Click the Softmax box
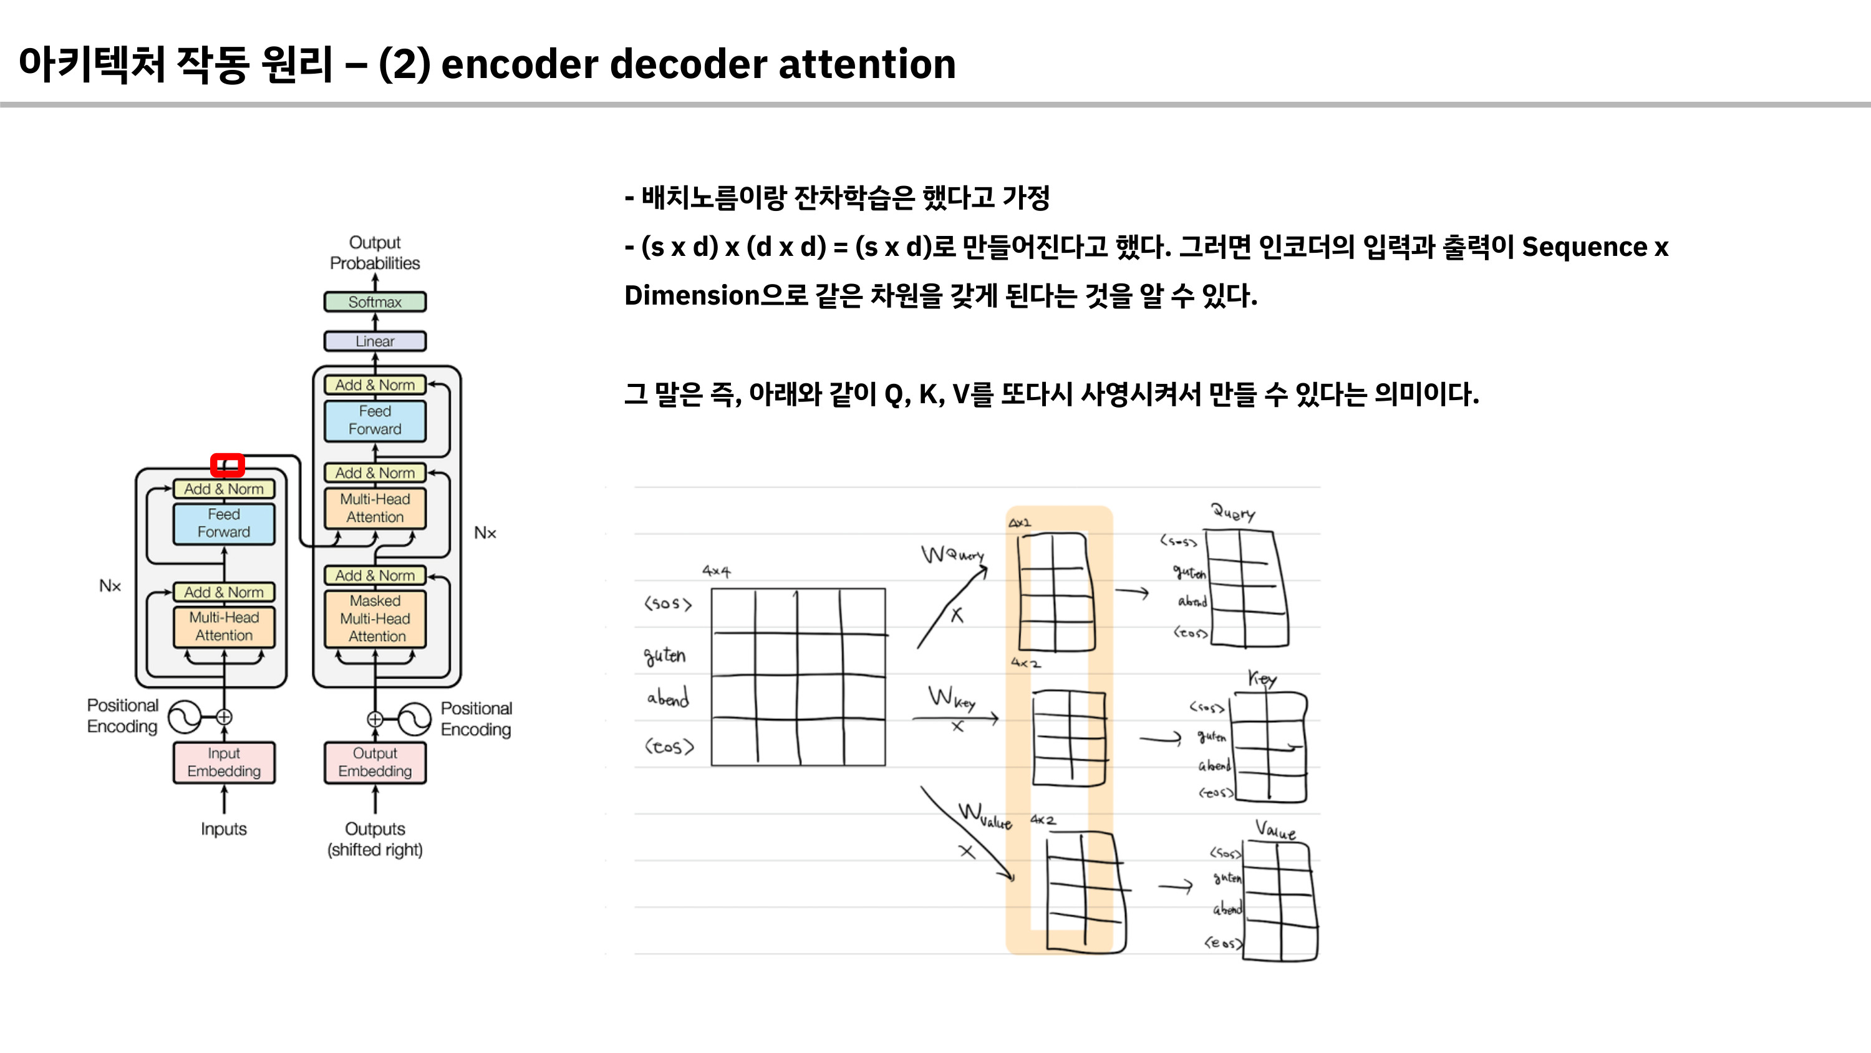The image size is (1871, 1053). [375, 301]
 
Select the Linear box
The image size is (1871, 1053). [375, 341]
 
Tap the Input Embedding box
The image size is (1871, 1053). [224, 762]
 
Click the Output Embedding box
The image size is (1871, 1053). [375, 762]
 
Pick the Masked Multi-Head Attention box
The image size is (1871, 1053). [375, 619]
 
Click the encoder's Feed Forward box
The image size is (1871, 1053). [224, 523]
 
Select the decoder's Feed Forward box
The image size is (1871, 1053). [375, 420]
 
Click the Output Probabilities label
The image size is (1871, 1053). [375, 252]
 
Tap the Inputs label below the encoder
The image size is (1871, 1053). [224, 829]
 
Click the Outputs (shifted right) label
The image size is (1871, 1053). [375, 840]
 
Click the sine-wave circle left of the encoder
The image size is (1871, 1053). [185, 717]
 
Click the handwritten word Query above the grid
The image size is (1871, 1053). [1232, 512]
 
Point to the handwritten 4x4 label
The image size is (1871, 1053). [716, 571]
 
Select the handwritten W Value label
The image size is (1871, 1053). [984, 815]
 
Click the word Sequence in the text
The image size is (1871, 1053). [1584, 247]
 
